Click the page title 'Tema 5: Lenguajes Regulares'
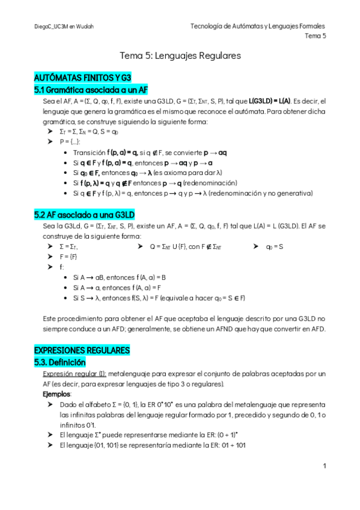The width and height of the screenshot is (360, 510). coord(180,56)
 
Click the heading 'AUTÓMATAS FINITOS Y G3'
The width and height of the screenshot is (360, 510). coord(83,78)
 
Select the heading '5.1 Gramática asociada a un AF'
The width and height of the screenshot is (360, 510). coord(91,90)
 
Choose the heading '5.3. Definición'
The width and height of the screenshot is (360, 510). coord(60,363)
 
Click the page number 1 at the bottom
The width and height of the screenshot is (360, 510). coord(324,466)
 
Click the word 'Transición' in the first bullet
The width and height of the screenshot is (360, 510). coord(88,153)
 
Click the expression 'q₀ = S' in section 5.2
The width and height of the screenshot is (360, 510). coord(274,247)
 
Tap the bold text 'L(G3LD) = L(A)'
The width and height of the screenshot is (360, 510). coord(269,101)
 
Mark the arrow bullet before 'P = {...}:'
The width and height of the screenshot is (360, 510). coord(50,141)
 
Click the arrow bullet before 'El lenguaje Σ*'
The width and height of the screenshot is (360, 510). coord(50,434)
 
